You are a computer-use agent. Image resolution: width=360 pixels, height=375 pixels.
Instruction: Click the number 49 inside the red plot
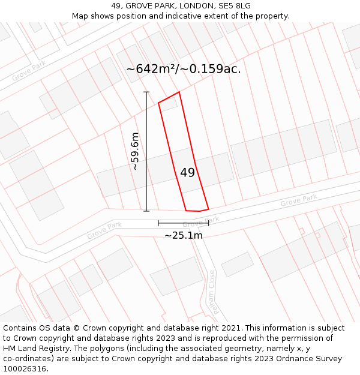click(x=187, y=173)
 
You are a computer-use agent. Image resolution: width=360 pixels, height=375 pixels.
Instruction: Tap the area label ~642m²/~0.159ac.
click(x=183, y=69)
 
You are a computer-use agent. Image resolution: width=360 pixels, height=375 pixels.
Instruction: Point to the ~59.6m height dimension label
click(x=136, y=151)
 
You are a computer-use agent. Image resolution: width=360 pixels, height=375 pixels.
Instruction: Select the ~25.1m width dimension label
click(x=184, y=235)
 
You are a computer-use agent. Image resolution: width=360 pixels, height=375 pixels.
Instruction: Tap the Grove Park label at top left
click(x=28, y=71)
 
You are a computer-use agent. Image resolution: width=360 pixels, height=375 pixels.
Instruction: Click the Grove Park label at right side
click(x=298, y=201)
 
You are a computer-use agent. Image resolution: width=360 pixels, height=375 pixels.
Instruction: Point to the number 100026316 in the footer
click(x=25, y=368)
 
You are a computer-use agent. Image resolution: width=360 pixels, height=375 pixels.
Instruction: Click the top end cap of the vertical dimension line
click(x=146, y=92)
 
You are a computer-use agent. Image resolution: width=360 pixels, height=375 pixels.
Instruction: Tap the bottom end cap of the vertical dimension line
click(x=146, y=211)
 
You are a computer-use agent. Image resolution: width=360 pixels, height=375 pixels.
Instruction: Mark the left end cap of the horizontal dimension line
click(x=158, y=223)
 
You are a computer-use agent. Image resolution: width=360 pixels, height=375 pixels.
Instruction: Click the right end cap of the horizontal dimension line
click(x=208, y=223)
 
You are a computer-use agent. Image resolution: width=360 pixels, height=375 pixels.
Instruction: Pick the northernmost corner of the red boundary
click(x=179, y=92)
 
